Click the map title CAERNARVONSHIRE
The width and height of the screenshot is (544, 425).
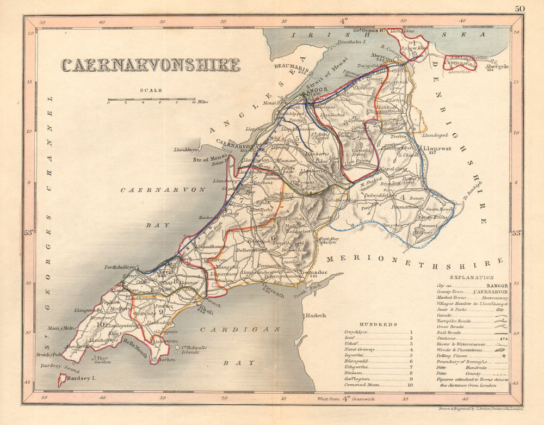pyautogui.click(x=150, y=65)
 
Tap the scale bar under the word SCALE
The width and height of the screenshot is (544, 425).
pyautogui.click(x=151, y=100)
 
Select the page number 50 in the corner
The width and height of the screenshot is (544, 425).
pyautogui.click(x=520, y=8)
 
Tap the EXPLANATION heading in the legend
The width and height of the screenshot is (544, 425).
pyautogui.click(x=472, y=277)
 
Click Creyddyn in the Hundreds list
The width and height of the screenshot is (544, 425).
pyautogui.click(x=357, y=332)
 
